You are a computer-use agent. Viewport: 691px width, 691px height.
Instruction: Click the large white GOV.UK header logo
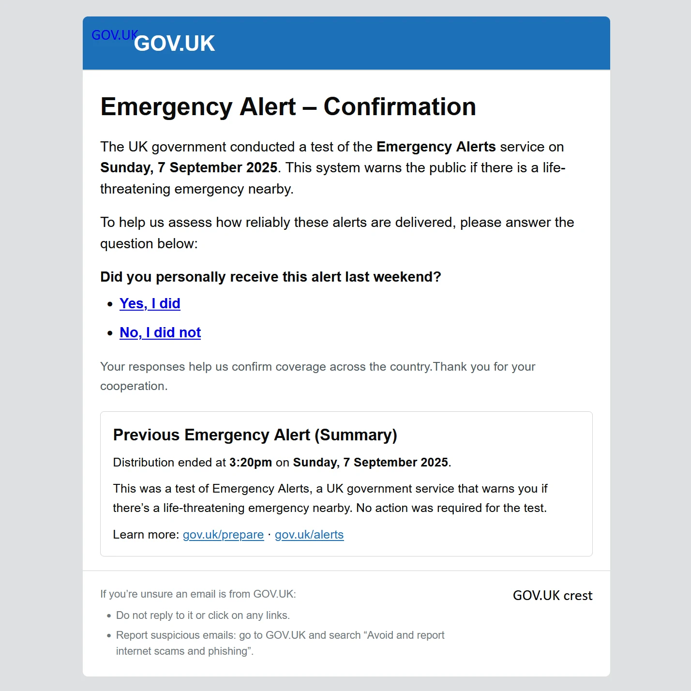point(174,44)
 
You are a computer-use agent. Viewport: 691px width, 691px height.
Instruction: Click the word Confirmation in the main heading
point(400,107)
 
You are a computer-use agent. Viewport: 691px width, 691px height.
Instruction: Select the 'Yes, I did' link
point(150,303)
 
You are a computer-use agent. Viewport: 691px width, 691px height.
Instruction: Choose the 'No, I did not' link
point(160,332)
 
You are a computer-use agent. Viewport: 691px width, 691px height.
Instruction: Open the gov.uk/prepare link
point(223,535)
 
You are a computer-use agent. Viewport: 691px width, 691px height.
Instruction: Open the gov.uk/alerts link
point(309,535)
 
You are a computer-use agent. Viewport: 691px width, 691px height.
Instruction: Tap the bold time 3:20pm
point(250,463)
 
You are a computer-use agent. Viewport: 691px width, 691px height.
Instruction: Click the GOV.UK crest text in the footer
point(552,596)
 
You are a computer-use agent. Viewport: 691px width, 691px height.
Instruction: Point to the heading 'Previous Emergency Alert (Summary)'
point(255,435)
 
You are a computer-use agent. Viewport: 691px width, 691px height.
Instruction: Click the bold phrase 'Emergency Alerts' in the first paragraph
point(436,147)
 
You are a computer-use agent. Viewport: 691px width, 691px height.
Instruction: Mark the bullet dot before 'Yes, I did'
point(110,304)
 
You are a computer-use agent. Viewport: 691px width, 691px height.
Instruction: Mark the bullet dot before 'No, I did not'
point(110,333)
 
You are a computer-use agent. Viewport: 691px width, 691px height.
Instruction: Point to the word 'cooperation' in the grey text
point(133,386)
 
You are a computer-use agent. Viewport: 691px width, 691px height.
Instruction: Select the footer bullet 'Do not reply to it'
point(203,616)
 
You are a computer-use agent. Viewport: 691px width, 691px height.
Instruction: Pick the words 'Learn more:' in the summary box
point(146,535)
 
